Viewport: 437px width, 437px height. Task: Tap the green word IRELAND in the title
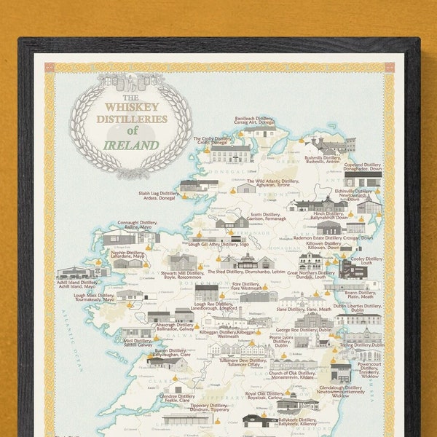tap(131, 144)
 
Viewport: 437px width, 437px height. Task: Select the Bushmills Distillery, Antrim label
tap(323, 159)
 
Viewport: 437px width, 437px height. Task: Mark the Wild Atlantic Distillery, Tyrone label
tap(272, 183)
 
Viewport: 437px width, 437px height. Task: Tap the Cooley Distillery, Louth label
tap(364, 261)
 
